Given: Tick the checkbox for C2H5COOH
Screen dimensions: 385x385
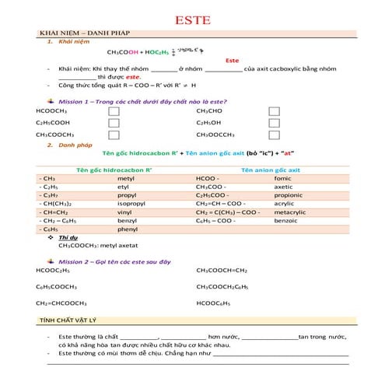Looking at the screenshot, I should click(114, 123).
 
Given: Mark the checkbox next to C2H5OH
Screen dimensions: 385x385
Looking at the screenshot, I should click(274, 123).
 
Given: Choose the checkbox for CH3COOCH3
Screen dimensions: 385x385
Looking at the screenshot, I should click(114, 135).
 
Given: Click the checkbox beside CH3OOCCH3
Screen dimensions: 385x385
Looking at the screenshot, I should click(274, 135).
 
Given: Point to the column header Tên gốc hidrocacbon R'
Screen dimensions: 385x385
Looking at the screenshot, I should click(114, 170).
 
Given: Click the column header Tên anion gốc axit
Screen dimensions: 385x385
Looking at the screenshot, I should click(271, 170).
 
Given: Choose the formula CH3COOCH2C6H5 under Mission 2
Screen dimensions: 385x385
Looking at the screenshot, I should click(227, 287).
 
